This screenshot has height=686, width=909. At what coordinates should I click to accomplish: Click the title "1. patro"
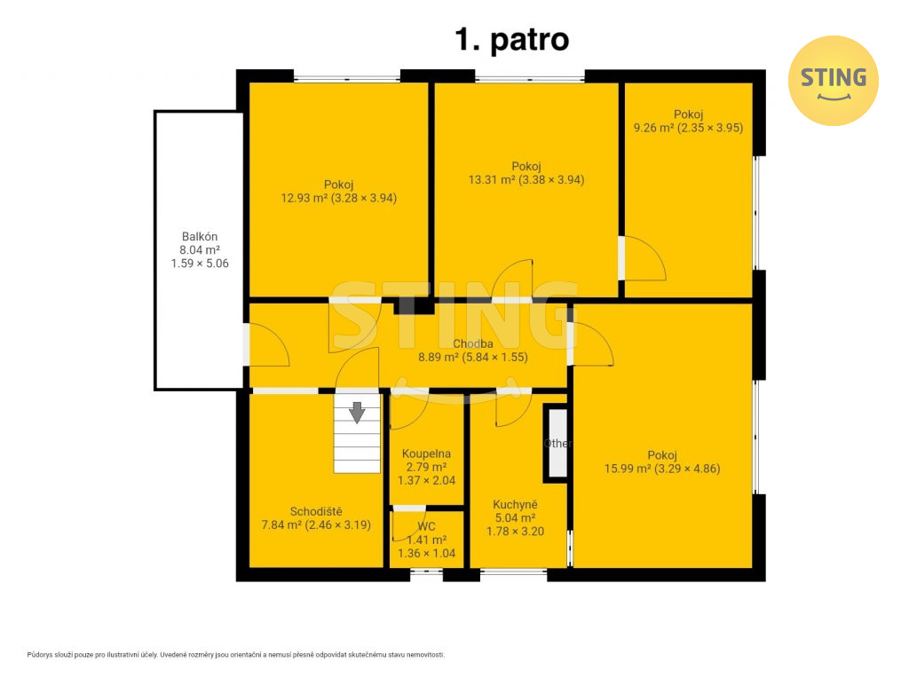pos(512,39)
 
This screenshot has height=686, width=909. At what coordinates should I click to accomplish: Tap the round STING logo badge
pos(833,81)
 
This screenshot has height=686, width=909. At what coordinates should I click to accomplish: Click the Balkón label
pos(200,236)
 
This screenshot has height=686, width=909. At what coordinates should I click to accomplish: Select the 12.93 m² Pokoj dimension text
pos(339,198)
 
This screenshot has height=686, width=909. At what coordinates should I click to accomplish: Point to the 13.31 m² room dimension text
pos(526,179)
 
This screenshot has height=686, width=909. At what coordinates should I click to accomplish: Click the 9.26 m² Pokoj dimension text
pos(688,128)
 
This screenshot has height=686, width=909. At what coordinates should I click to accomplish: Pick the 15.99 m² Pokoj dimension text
pos(662,469)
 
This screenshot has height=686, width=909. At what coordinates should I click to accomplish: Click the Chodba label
pos(473,343)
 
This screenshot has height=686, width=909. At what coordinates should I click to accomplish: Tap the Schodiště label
pos(316,511)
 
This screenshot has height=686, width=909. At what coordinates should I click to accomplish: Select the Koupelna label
pos(426,453)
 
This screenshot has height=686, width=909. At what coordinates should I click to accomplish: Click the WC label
pos(427,526)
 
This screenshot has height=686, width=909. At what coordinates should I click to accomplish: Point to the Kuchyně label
pos(515,505)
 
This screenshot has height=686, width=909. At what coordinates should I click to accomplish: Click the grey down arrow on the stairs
pos(357,412)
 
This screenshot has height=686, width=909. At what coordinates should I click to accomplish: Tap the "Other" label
pos(557,443)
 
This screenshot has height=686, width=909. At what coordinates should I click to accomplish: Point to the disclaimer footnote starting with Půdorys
pos(236,655)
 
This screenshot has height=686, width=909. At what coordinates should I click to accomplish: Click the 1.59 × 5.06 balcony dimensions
pos(200,264)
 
